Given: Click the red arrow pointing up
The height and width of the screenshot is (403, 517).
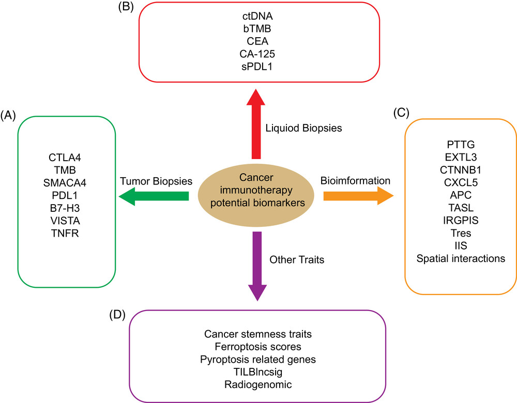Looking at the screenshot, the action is [256, 124].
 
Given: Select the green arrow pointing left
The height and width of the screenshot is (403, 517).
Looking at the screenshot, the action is [154, 196].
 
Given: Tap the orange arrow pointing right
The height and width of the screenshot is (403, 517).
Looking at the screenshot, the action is [358, 196].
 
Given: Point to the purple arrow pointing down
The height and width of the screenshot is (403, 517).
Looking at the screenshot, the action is [257, 266].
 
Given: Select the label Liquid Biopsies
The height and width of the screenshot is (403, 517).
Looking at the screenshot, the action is [303, 128].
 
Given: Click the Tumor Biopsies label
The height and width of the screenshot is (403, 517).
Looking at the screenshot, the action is [156, 181].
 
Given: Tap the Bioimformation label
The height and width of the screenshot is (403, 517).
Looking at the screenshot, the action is [356, 181].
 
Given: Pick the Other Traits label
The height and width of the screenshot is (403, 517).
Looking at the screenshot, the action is [297, 260].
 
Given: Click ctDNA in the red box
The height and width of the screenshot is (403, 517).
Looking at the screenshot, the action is [257, 16].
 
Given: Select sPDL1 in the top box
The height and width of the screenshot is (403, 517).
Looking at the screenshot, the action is [257, 67].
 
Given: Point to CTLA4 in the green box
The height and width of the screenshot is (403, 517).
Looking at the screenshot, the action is [65, 158].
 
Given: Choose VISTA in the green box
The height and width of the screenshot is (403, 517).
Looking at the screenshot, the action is [65, 221].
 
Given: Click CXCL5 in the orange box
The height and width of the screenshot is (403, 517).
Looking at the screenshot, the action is [461, 182].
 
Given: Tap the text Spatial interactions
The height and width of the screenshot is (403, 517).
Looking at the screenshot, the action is [461, 259].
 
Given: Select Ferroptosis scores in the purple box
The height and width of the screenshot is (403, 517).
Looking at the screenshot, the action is [258, 347].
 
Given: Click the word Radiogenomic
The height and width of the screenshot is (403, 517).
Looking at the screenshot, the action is [258, 384].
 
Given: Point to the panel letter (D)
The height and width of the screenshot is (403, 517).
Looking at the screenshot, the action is [117, 315].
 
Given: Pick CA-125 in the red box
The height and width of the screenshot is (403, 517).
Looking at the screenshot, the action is [257, 54].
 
